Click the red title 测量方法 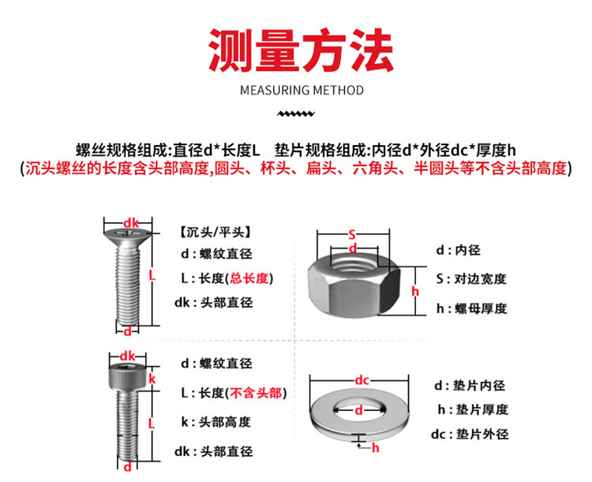tap(301, 50)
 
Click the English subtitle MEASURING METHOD tap(302, 91)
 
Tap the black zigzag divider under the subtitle tap(296, 114)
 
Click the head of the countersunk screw tap(128, 237)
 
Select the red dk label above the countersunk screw tap(131, 223)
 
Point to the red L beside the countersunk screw tap(152, 275)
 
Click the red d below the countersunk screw tap(128, 331)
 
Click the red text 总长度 tap(249, 278)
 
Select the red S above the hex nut tap(352, 235)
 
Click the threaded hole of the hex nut tap(354, 263)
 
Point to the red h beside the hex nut tap(415, 291)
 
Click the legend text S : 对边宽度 tap(470, 279)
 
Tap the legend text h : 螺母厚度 tap(471, 308)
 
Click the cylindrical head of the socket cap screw tap(128, 377)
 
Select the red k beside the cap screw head tap(152, 379)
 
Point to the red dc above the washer tap(362, 379)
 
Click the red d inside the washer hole tap(358, 410)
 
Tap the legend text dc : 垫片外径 tap(470, 434)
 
